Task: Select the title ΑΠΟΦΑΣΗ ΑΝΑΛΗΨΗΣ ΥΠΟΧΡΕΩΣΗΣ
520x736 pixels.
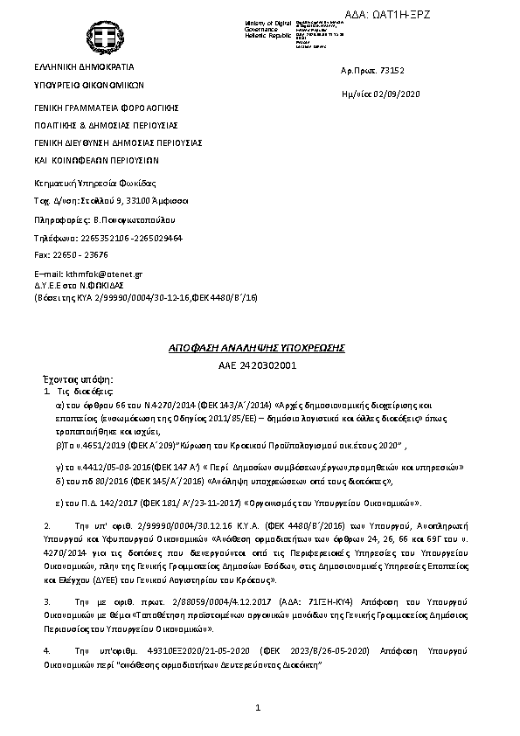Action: click(x=257, y=348)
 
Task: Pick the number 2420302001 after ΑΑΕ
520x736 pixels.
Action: click(x=272, y=365)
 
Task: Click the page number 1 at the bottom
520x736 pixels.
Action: click(x=259, y=706)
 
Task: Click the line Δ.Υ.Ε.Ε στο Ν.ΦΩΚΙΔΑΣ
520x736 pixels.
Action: click(x=78, y=285)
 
